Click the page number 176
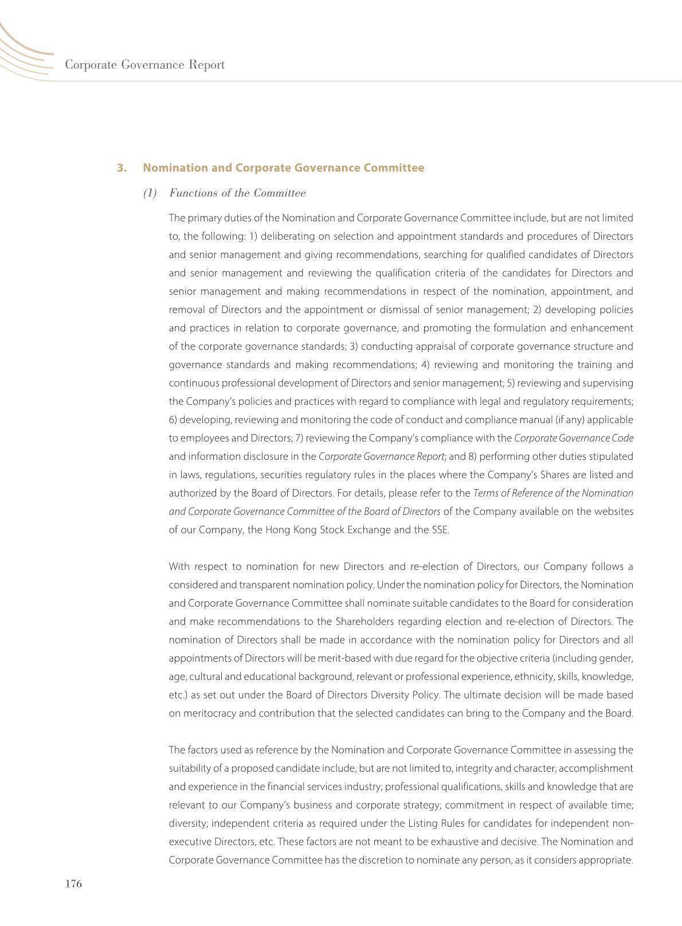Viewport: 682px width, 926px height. pyautogui.click(x=74, y=884)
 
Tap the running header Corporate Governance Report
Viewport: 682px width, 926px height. pyautogui.click(x=144, y=65)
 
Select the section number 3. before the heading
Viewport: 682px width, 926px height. pyautogui.click(x=121, y=168)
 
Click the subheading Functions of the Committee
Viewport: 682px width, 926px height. pyautogui.click(x=237, y=193)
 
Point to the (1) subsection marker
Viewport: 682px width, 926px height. pyautogui.click(x=150, y=193)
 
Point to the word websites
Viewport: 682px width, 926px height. pyautogui.click(x=614, y=511)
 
